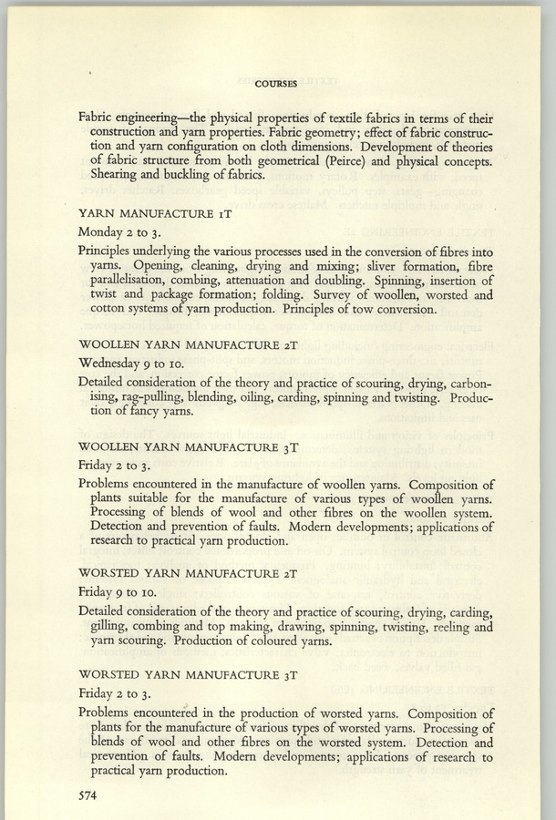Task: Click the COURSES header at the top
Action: pos(276,84)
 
